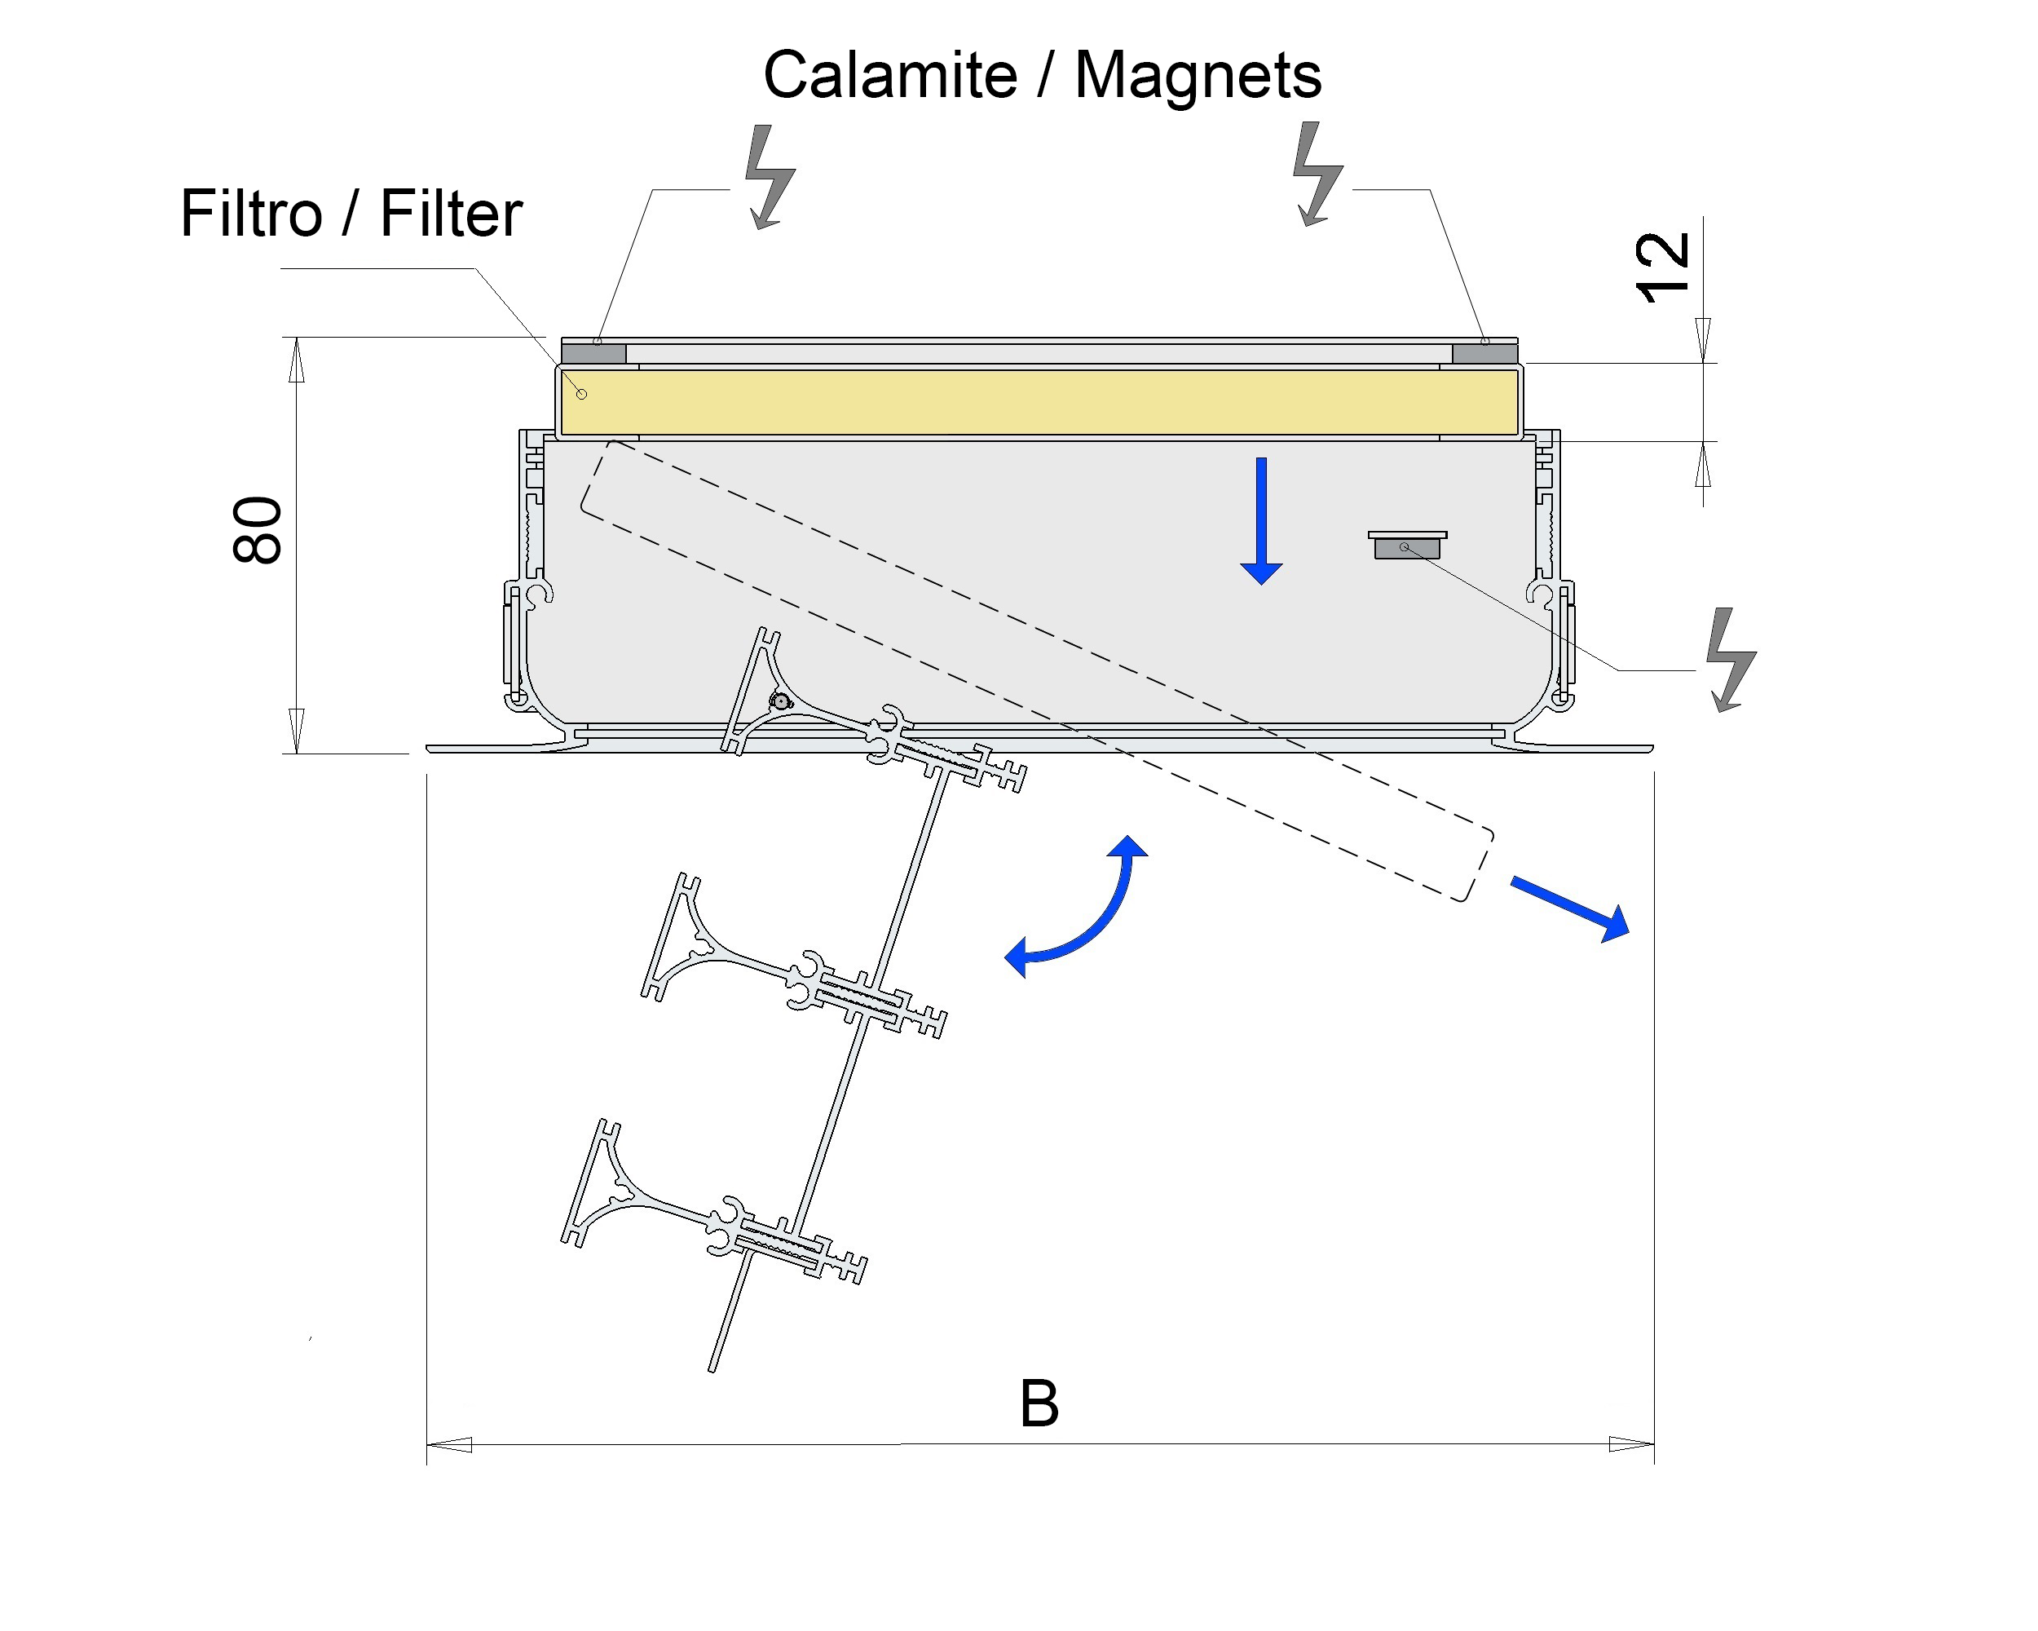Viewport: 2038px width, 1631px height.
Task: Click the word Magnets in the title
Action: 1198,76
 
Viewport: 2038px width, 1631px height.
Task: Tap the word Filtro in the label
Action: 251,214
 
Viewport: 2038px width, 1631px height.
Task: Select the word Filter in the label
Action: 451,214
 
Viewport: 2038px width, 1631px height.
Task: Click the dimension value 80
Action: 257,530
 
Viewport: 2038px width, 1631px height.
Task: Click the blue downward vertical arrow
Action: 1261,521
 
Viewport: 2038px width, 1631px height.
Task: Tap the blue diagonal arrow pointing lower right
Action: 1570,908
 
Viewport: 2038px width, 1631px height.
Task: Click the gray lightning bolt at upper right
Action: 1317,174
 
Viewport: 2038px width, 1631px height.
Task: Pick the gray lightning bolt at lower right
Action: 1731,659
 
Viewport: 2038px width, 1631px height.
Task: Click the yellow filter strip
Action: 1040,403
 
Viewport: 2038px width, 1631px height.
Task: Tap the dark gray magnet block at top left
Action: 593,355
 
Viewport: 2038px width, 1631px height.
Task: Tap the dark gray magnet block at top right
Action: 1484,355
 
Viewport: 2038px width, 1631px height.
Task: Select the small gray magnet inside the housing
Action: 1408,547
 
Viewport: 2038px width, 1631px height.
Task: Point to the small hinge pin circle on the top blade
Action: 781,701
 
